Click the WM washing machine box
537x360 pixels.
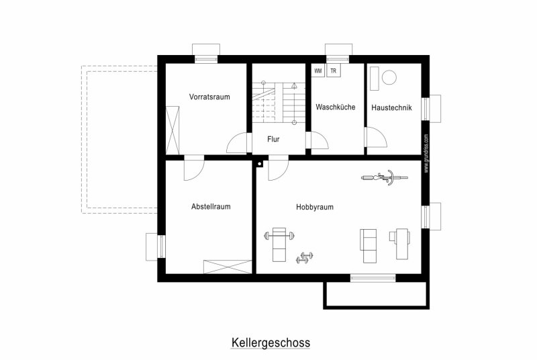318,71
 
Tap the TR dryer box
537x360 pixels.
333,71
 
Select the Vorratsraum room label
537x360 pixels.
209,97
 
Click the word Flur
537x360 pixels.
273,139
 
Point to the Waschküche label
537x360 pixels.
336,107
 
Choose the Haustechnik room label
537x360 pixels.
391,107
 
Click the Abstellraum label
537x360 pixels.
211,207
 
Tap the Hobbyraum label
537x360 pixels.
315,207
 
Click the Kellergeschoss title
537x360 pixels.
271,343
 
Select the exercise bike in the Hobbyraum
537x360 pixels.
385,177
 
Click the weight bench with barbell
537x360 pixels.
279,244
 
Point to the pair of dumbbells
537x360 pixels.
305,258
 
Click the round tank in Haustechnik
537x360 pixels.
389,77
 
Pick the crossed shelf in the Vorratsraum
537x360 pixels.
173,130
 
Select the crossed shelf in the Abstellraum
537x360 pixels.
228,267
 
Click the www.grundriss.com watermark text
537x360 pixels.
426,153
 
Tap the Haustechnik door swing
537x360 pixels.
377,138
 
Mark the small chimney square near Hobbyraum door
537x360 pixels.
260,164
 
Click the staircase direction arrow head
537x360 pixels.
294,85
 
